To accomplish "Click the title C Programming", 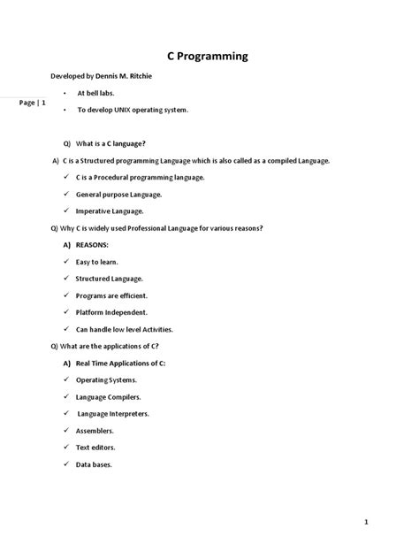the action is [208, 57].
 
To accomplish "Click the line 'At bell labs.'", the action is [96, 93].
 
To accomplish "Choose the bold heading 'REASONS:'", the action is [96, 245].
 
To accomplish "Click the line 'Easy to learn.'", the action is [97, 262].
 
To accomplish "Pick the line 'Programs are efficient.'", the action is [111, 295].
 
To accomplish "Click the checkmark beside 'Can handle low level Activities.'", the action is [66, 329].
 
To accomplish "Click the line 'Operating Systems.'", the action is [108, 379].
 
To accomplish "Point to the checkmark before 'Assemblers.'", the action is [66, 431].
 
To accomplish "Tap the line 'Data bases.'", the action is [94, 464].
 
